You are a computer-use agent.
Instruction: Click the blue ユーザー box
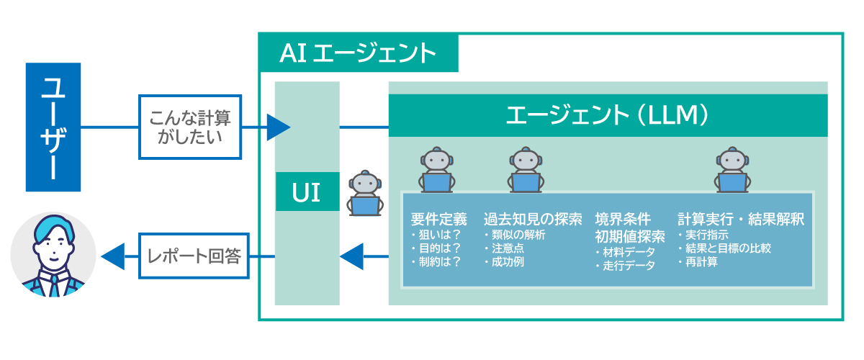pyautogui.click(x=53, y=127)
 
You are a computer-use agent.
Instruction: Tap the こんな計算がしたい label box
pyautogui.click(x=189, y=127)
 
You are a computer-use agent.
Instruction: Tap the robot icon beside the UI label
pyautogui.click(x=364, y=193)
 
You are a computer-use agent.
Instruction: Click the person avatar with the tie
pyautogui.click(x=54, y=255)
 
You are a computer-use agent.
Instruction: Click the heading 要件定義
pyautogui.click(x=439, y=219)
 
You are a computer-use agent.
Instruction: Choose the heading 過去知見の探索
pyautogui.click(x=532, y=219)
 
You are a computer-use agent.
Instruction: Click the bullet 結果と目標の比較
pyautogui.click(x=726, y=248)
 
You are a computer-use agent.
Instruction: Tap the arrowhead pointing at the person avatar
pyautogui.click(x=113, y=256)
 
